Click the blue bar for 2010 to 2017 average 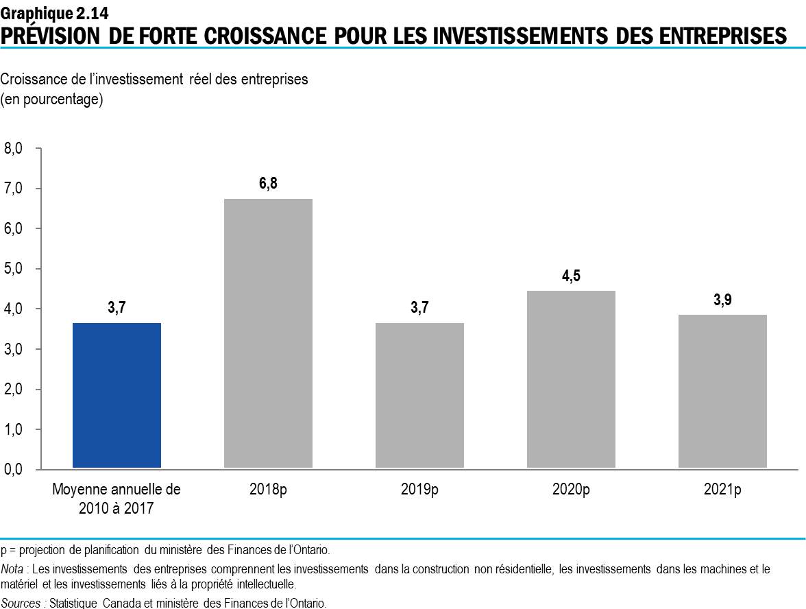click(117, 396)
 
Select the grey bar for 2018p click(268, 334)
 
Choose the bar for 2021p click(722, 392)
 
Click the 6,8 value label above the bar click(268, 184)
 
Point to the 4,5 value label click(571, 276)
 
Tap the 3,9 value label click(722, 300)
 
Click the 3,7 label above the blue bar click(117, 308)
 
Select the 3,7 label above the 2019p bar click(419, 308)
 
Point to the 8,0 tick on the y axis click(14, 148)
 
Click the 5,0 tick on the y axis click(14, 269)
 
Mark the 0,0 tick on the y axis click(14, 470)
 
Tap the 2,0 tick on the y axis click(14, 390)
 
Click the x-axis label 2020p click(571, 490)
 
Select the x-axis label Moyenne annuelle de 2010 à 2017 click(117, 499)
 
